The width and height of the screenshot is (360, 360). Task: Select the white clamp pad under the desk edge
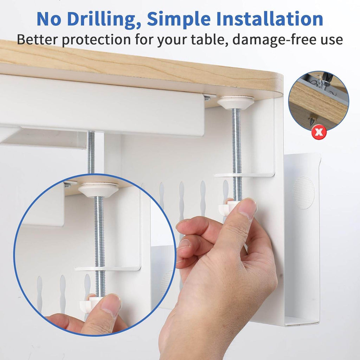[x=235, y=102]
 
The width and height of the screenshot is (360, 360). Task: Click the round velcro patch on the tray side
[x=304, y=193]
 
